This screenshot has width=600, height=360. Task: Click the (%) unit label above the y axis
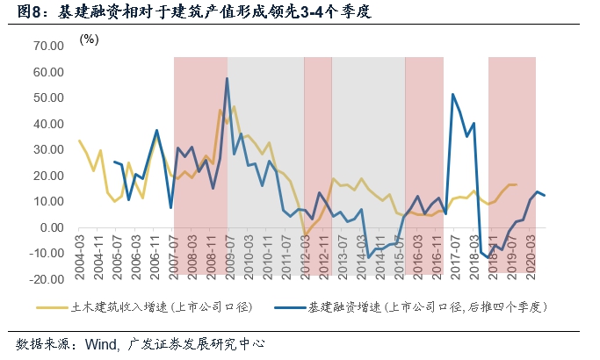tap(89, 40)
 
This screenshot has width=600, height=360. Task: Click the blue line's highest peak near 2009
tap(228, 79)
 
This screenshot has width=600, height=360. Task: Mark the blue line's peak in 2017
tap(452, 95)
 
